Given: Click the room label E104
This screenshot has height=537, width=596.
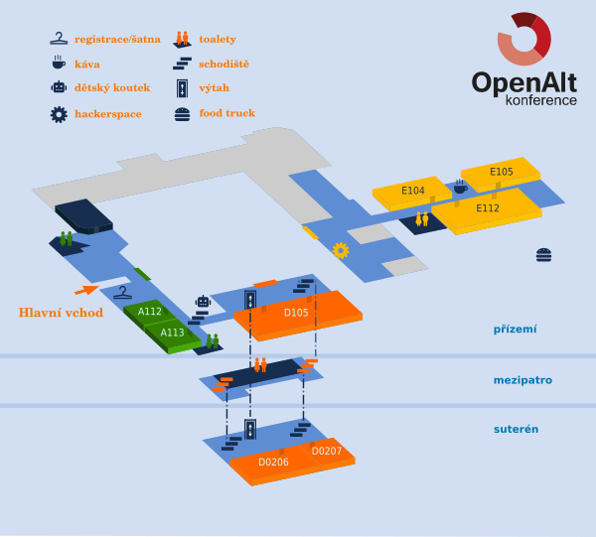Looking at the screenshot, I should [x=413, y=191].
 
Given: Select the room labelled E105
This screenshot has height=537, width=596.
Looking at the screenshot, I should [x=502, y=172].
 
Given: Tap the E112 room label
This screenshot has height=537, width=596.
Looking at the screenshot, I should [x=488, y=208].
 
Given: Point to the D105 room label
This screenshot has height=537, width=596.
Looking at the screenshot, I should [x=296, y=313].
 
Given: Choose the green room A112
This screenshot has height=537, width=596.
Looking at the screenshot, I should [x=150, y=312].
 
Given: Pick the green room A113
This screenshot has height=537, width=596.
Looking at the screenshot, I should [x=172, y=333].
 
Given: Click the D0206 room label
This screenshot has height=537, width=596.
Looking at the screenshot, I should [x=273, y=462].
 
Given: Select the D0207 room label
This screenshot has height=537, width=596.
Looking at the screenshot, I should [x=327, y=452].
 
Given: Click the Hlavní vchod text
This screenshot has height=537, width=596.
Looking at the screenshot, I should [x=61, y=313].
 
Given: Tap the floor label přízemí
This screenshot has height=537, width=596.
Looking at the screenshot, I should [x=516, y=329].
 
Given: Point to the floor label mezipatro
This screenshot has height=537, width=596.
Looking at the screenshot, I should [x=522, y=379].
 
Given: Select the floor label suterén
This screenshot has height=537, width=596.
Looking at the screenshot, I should [x=516, y=429].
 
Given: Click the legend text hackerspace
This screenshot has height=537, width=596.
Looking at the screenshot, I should [x=107, y=114].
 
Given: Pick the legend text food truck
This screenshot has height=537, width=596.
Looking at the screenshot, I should [x=226, y=113].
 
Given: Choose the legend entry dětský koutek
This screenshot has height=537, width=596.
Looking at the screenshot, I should [x=112, y=87].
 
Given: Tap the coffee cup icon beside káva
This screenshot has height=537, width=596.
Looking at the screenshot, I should [x=59, y=63].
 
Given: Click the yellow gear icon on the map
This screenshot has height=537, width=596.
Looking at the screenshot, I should [x=341, y=250].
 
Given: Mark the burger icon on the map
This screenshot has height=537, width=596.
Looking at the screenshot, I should [x=543, y=254].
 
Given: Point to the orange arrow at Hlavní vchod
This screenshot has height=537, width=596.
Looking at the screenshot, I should [x=86, y=290].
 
